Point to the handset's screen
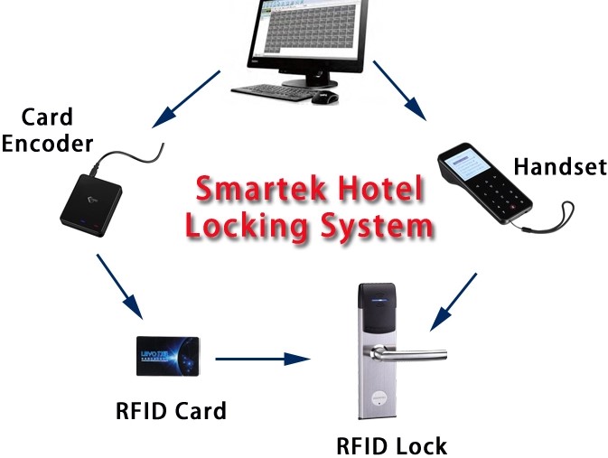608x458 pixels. [468, 166]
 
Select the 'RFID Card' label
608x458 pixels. [171, 411]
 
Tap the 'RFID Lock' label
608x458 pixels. [391, 444]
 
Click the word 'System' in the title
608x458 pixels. [370, 226]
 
